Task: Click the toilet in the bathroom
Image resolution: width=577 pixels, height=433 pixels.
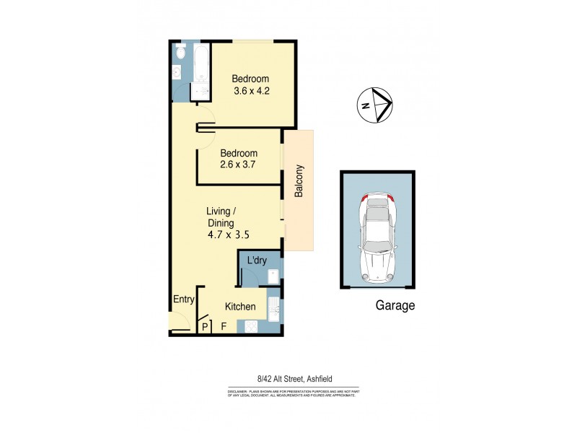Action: pyautogui.click(x=180, y=53)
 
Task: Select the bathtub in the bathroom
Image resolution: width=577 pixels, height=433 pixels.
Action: pyautogui.click(x=200, y=64)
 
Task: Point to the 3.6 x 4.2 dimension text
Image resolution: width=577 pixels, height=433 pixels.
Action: pyautogui.click(x=251, y=92)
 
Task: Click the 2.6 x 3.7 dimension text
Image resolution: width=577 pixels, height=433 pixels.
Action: pyautogui.click(x=239, y=165)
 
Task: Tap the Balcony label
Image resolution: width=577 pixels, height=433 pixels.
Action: pyautogui.click(x=299, y=183)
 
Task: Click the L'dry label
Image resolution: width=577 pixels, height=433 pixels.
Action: pyautogui.click(x=257, y=261)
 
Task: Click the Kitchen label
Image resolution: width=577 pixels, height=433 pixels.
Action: pyautogui.click(x=240, y=307)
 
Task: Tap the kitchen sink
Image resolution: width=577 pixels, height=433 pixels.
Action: pyautogui.click(x=274, y=308)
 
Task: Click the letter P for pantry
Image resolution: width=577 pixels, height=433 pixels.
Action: pyautogui.click(x=205, y=327)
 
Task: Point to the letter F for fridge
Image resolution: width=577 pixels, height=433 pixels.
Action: pyautogui.click(x=224, y=327)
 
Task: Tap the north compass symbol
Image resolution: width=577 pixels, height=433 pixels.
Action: pyautogui.click(x=375, y=105)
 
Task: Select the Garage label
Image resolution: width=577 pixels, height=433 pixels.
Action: pyautogui.click(x=395, y=305)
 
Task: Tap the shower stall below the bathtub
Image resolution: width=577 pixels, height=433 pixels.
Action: pyautogui.click(x=199, y=92)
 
